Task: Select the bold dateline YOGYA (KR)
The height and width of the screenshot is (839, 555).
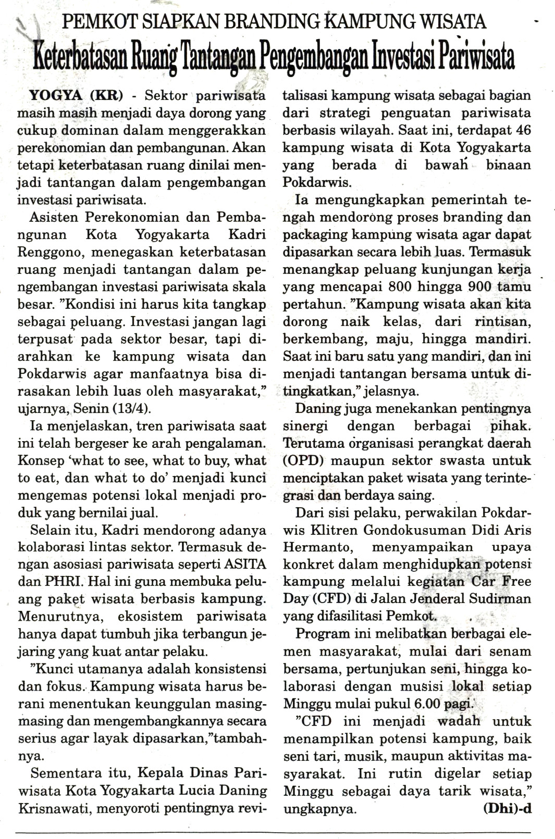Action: coord(77,96)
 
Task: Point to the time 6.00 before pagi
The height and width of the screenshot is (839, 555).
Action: coord(427,704)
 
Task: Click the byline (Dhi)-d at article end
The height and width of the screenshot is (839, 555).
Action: coord(507,809)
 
